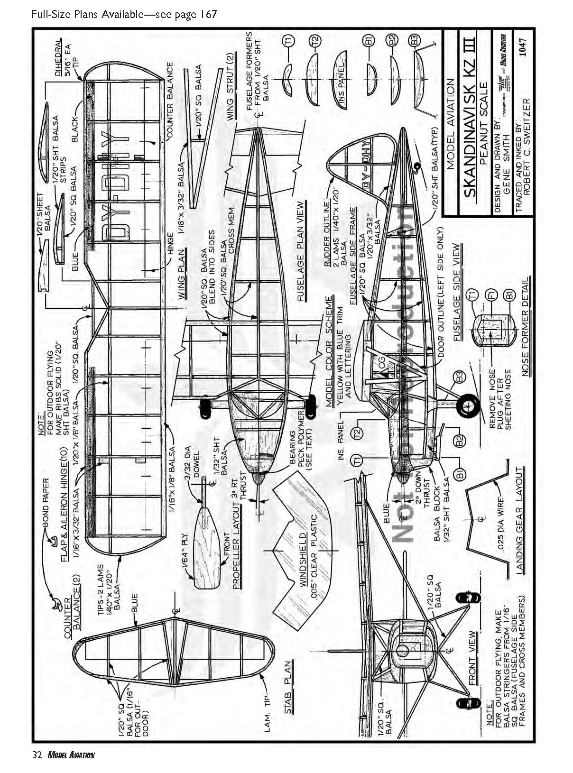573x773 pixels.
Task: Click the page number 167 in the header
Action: coord(208,14)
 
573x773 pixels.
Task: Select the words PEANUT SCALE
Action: coord(483,123)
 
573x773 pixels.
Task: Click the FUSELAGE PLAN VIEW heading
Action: coord(300,252)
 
